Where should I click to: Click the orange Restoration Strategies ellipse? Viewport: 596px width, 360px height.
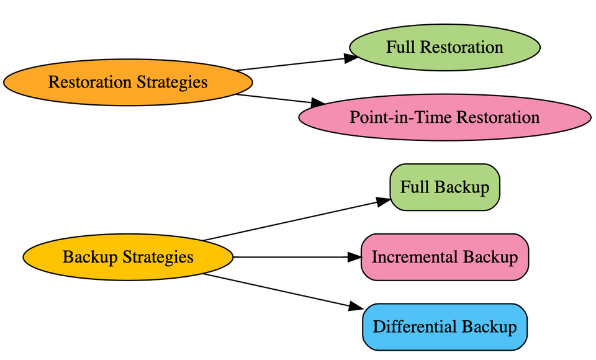pos(128,82)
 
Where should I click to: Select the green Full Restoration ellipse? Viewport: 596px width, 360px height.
pos(445,47)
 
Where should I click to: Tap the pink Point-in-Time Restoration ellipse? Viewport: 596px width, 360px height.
pos(445,117)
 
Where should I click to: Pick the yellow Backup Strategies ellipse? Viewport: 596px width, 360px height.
pos(128,257)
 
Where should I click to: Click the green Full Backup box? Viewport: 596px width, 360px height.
pos(445,187)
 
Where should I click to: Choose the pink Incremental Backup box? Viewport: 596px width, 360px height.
pos(445,257)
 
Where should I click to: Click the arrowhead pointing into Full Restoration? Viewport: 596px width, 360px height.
pos(351,58)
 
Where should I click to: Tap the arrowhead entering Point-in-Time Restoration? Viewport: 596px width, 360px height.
pos(318,102)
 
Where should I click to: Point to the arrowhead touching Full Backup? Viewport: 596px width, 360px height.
pos(384,200)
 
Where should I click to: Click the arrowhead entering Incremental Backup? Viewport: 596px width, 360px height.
pos(354,257)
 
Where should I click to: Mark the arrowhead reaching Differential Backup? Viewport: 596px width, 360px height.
pos(355,307)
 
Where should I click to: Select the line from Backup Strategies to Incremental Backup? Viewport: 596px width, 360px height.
pos(292,257)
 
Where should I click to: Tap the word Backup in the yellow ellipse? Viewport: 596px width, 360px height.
pos(89,257)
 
